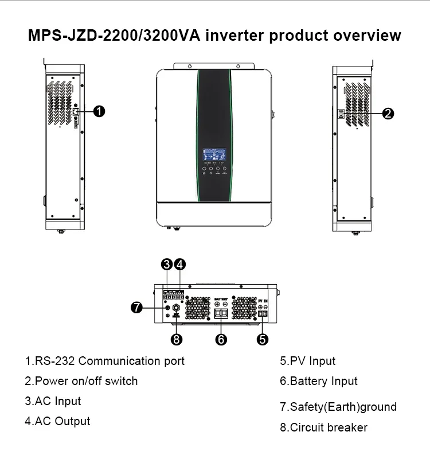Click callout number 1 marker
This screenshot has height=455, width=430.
click(99, 111)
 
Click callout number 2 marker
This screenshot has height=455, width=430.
click(388, 113)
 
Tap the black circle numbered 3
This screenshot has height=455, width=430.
click(167, 265)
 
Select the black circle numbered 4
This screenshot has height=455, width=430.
click(179, 265)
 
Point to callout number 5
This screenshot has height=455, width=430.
click(262, 339)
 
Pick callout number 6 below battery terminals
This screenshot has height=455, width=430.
click(221, 339)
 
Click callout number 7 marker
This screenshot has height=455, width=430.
click(136, 308)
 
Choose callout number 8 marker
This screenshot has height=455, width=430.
click(177, 339)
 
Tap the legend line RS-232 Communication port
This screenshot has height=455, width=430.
click(104, 361)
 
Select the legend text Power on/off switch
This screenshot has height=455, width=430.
click(81, 381)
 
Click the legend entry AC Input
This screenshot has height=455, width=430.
click(53, 401)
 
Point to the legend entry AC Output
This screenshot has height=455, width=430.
click(57, 421)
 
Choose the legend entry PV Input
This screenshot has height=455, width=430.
click(307, 361)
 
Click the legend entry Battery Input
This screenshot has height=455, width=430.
click(318, 381)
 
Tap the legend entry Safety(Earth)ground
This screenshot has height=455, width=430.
click(338, 407)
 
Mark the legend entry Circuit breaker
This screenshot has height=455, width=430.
click(323, 427)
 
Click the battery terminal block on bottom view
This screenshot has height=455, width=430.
click(221, 313)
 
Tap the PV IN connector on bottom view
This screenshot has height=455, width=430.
click(263, 314)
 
